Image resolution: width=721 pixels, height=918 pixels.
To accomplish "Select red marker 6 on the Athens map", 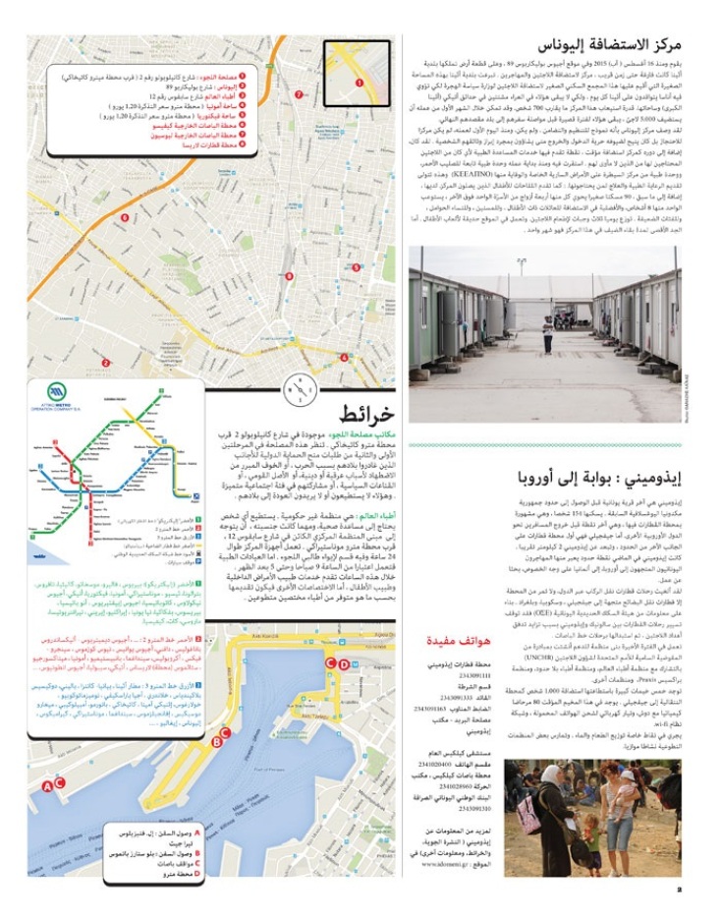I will [x=125, y=217].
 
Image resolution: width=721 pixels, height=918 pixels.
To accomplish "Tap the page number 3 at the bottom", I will [x=692, y=890].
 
